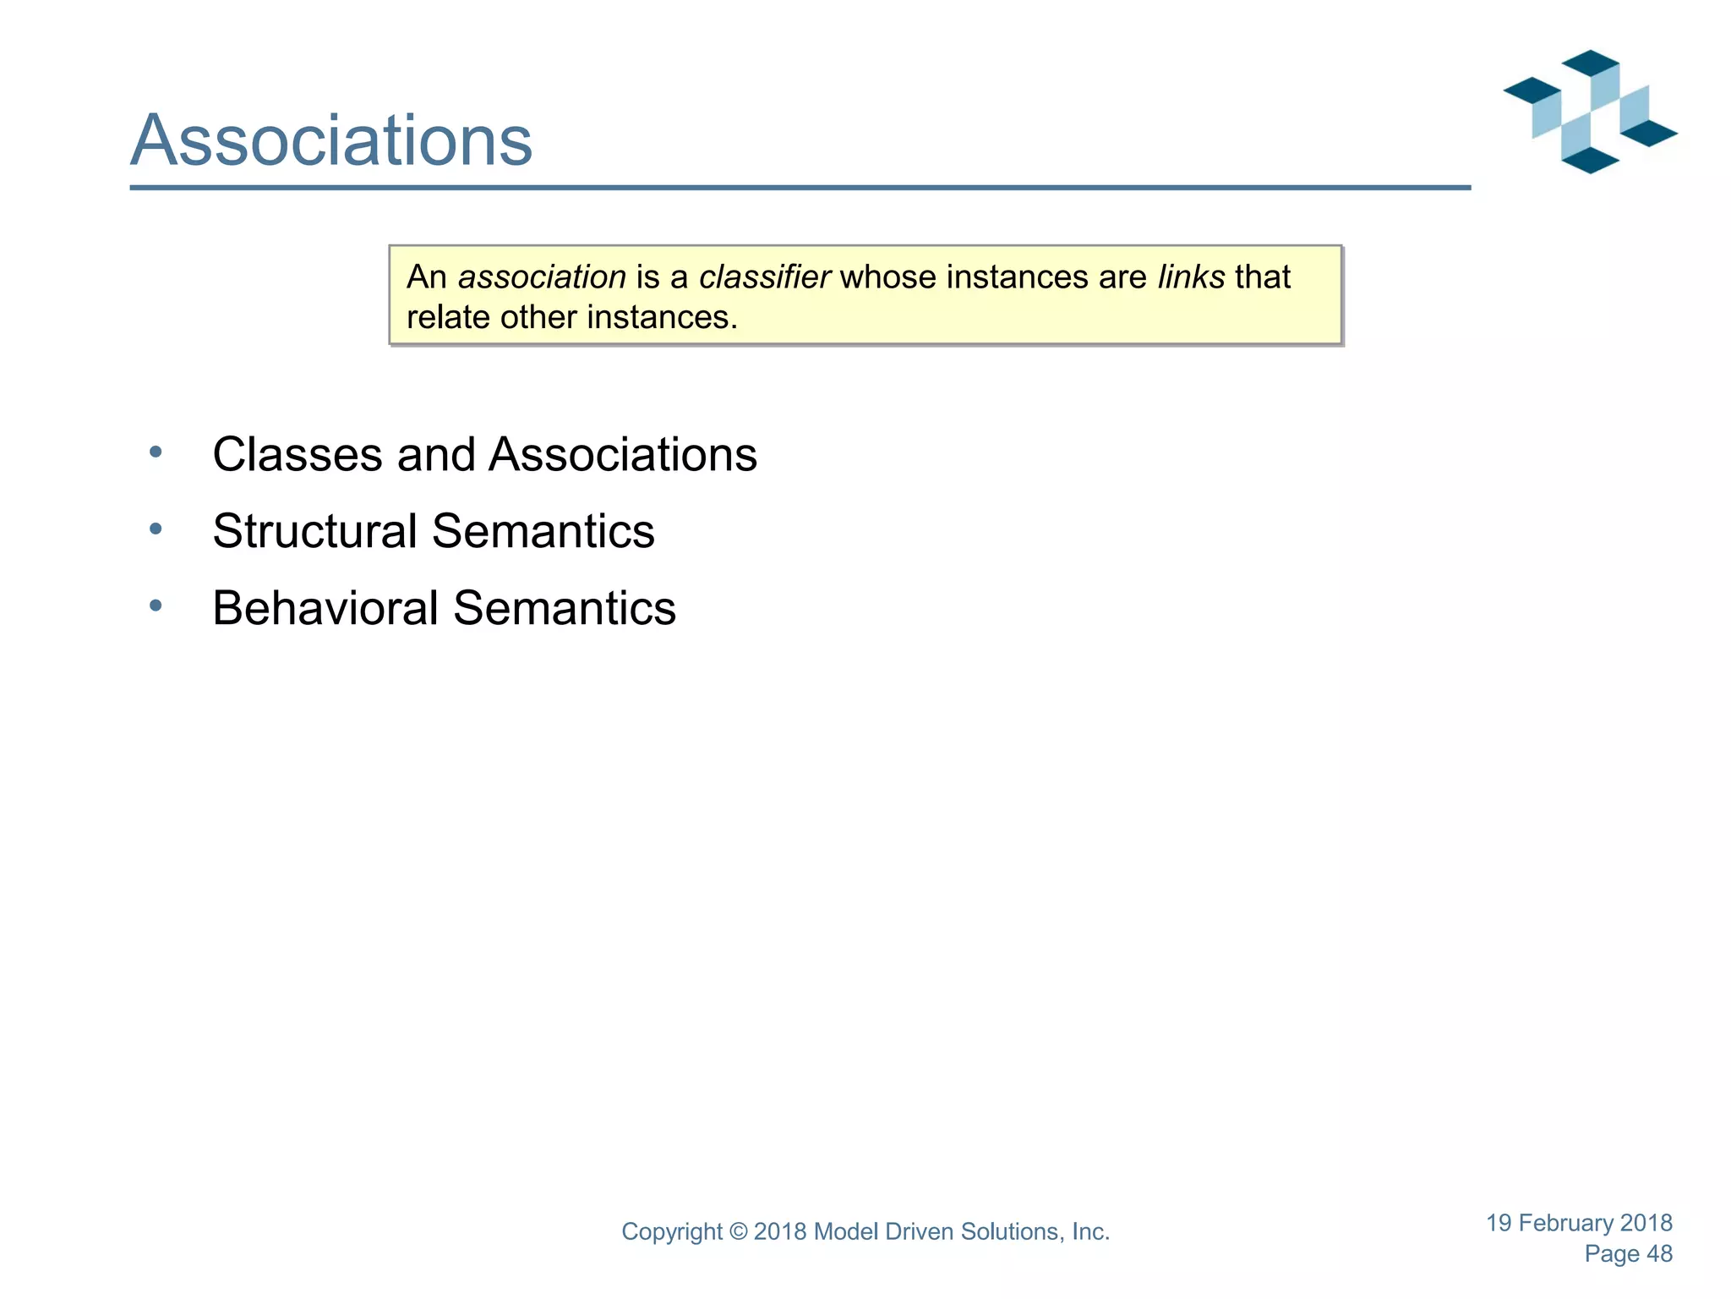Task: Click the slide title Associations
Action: (331, 140)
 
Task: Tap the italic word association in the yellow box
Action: (542, 277)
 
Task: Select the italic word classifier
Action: (764, 277)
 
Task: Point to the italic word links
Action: (1191, 277)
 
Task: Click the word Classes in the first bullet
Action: (298, 455)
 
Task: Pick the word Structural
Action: (314, 531)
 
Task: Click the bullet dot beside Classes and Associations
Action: (156, 452)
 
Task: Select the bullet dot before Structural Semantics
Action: (156, 529)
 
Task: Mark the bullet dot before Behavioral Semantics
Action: (156, 606)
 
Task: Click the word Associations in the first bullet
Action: (623, 455)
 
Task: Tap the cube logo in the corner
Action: (1589, 112)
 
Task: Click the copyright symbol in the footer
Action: (739, 1232)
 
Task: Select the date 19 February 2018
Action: (1579, 1223)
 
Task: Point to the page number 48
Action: (1659, 1254)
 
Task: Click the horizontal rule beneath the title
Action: (800, 188)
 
